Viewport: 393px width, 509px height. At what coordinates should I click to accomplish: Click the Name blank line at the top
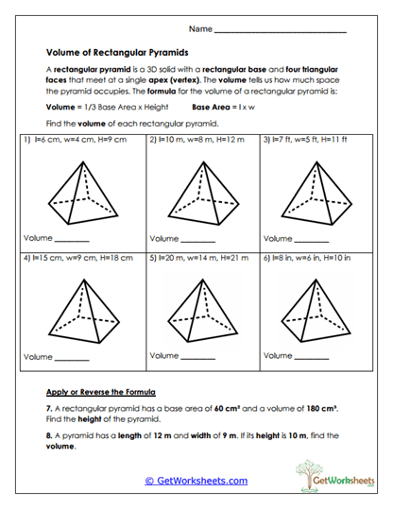pos(281,32)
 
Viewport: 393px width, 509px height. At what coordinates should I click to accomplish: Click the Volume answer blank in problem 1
pos(73,239)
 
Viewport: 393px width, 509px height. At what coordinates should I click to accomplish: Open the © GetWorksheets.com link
pos(196,481)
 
